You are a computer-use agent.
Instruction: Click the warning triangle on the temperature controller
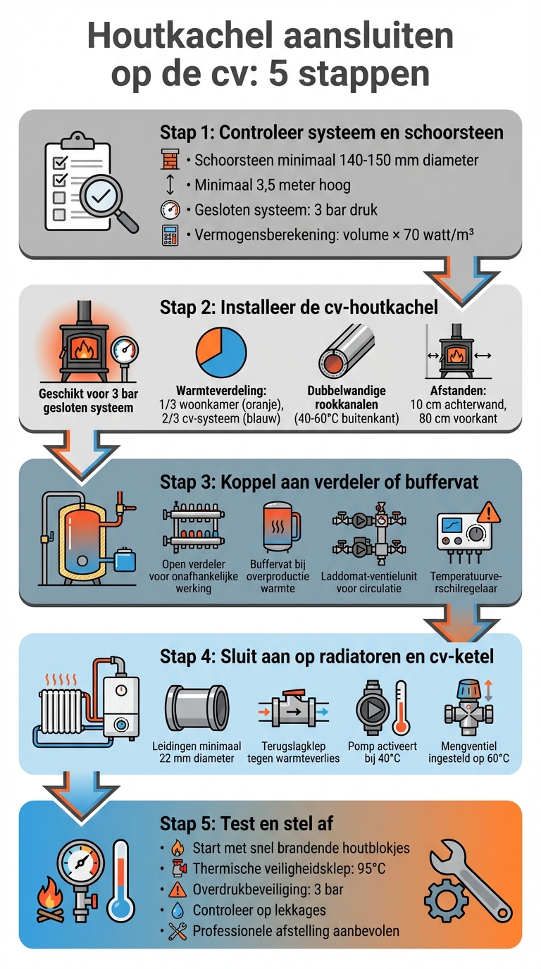click(x=487, y=511)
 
